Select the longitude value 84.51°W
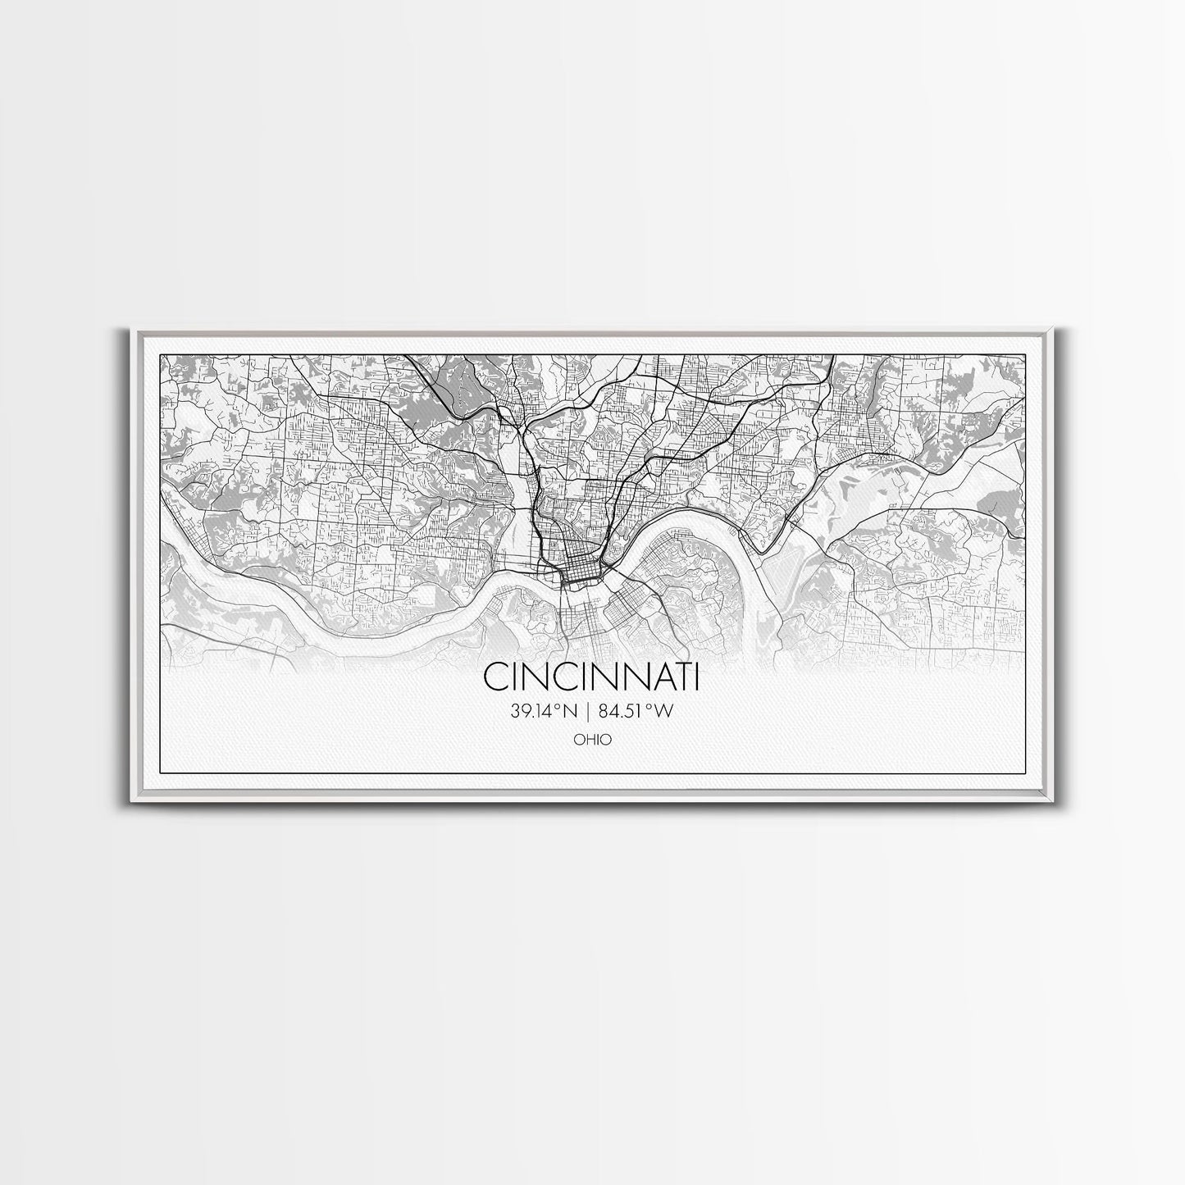(637, 712)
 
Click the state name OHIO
(592, 740)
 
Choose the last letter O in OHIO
(606, 740)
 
